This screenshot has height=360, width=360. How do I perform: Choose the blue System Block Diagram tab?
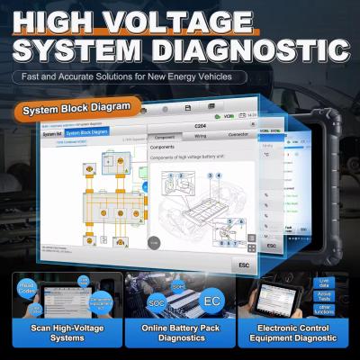click(87, 132)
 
